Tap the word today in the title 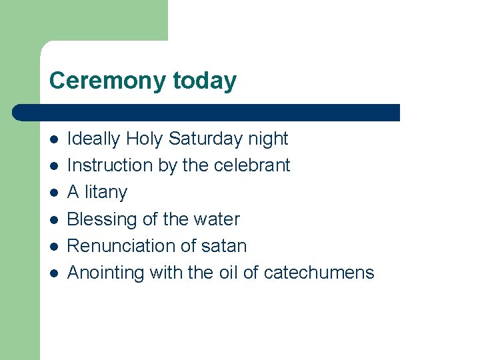tap(205, 81)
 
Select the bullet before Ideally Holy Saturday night tap(55, 139)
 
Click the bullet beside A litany tap(55, 193)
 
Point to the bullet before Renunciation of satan tap(55, 246)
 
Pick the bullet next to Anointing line tap(55, 273)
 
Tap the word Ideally tap(94, 139)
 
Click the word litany tap(105, 193)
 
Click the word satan tap(226, 246)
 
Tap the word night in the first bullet tap(268, 139)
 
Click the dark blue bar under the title tap(207, 112)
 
